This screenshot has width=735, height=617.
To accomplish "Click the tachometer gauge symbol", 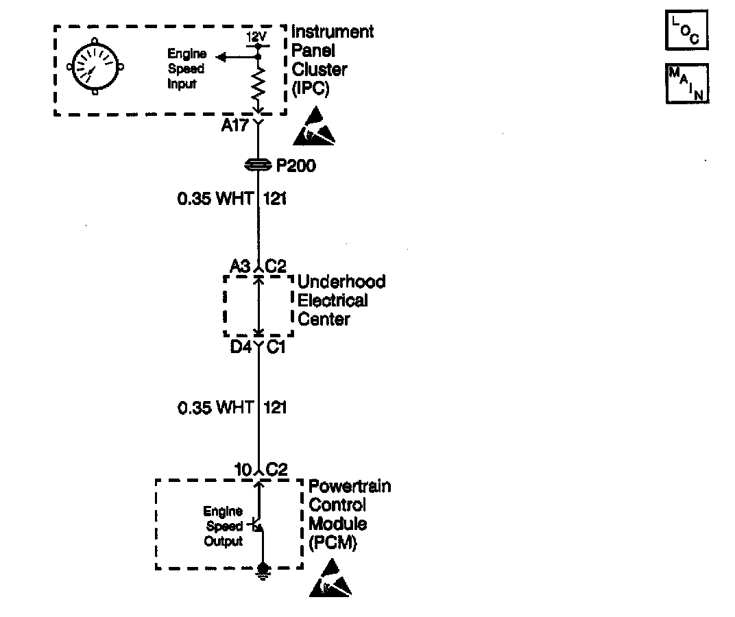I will pyautogui.click(x=95, y=67).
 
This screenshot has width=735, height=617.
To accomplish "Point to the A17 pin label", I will pyautogui.click(x=234, y=125).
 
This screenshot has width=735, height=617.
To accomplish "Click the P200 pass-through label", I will pyautogui.click(x=296, y=166).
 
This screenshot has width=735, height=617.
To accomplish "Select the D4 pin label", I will pyautogui.click(x=241, y=348).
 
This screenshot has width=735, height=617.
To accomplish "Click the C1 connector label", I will pyautogui.click(x=276, y=348).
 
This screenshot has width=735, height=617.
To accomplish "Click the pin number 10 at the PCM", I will pyautogui.click(x=243, y=470).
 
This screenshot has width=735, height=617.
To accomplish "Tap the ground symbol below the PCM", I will pyautogui.click(x=262, y=570).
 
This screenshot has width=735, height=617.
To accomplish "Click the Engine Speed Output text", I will pyautogui.click(x=224, y=527).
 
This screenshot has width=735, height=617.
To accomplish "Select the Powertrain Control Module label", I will pyautogui.click(x=349, y=514).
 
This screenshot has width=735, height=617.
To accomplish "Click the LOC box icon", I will pyautogui.click(x=686, y=32).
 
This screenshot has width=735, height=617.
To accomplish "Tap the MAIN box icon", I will pyautogui.click(x=686, y=84).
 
